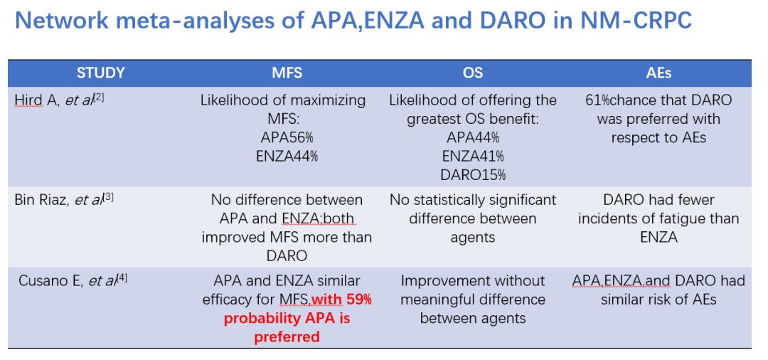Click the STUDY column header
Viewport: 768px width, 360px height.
[x=100, y=73]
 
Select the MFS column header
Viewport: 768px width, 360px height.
[x=287, y=73]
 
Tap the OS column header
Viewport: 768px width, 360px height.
[x=473, y=73]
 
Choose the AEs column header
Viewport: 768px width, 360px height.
[x=658, y=73]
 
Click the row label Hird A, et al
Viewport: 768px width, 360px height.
[x=59, y=100]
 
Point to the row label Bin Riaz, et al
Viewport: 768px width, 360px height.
[x=64, y=200]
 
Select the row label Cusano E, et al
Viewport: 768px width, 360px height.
[x=73, y=280]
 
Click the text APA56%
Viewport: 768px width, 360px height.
[x=287, y=137]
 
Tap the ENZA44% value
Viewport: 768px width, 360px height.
[x=287, y=157]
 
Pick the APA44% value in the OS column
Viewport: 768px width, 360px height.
[x=473, y=137]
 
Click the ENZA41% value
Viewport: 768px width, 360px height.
[x=473, y=157]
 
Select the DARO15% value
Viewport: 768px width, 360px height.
[x=473, y=175]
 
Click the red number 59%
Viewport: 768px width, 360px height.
[x=359, y=300]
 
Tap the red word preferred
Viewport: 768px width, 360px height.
[x=287, y=337]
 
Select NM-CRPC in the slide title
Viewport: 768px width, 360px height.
[x=636, y=21]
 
